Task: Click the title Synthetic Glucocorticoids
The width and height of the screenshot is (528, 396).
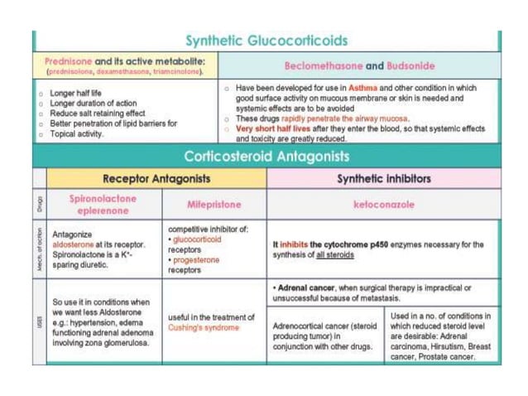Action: point(266,41)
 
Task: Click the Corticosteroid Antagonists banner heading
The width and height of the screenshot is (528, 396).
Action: point(266,157)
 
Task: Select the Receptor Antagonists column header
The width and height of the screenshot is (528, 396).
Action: point(156,178)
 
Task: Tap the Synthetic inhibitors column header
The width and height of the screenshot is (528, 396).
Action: point(384,178)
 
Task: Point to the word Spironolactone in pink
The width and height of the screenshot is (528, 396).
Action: point(103,199)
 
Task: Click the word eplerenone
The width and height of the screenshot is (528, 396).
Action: point(103,210)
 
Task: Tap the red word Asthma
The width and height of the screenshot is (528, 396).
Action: point(362,87)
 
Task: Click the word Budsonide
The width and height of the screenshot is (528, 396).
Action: point(412,65)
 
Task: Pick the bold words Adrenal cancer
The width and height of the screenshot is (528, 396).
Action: point(308,287)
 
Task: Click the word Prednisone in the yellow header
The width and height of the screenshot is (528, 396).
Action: point(69,60)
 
